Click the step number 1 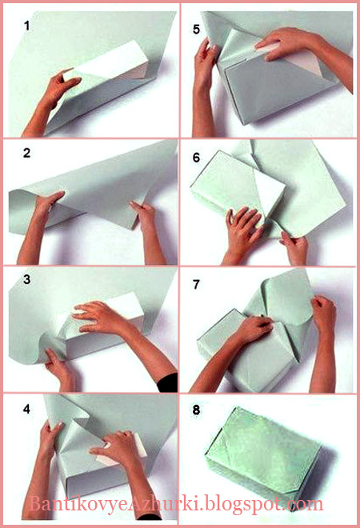click(27, 26)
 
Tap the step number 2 click(27, 154)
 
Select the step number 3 click(27, 279)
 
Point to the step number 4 click(27, 409)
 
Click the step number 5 click(196, 30)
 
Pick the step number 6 click(196, 158)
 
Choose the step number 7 click(196, 284)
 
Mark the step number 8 click(196, 410)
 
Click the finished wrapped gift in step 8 click(264, 454)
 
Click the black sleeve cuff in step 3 click(168, 383)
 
